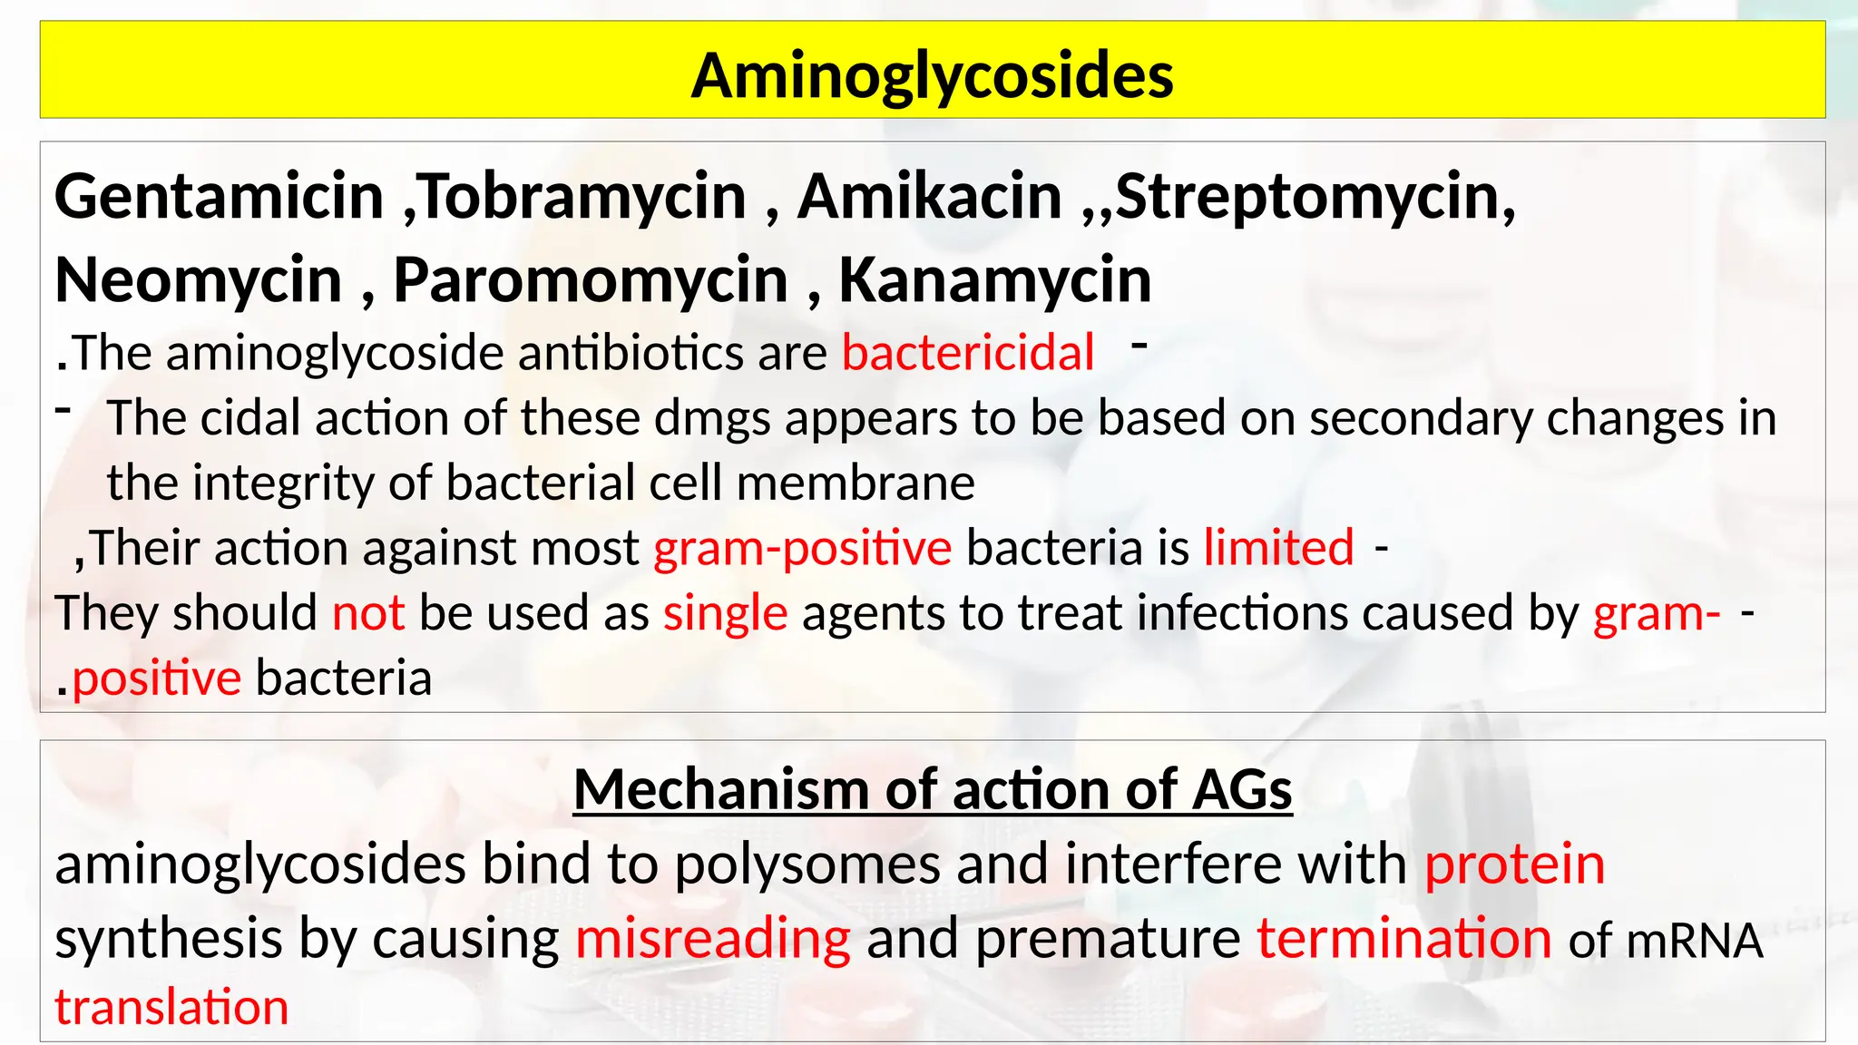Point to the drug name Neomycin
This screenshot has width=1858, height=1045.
[x=198, y=279]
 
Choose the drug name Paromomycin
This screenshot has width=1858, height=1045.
[x=591, y=279]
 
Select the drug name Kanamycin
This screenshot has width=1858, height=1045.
[x=995, y=279]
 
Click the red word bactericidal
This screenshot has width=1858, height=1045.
[x=968, y=352]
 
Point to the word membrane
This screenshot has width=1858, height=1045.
[x=856, y=483]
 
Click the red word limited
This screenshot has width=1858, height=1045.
[x=1278, y=548]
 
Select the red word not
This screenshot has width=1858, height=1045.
[x=367, y=613]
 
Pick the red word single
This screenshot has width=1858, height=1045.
[x=725, y=613]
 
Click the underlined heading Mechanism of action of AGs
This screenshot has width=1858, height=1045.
[x=933, y=789]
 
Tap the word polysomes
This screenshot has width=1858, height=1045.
[x=807, y=864]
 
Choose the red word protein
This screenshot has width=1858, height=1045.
[x=1514, y=864]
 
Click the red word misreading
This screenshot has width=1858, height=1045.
[x=713, y=938]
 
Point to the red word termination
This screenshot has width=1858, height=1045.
[x=1403, y=938]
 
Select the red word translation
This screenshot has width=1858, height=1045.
[x=171, y=1007]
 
